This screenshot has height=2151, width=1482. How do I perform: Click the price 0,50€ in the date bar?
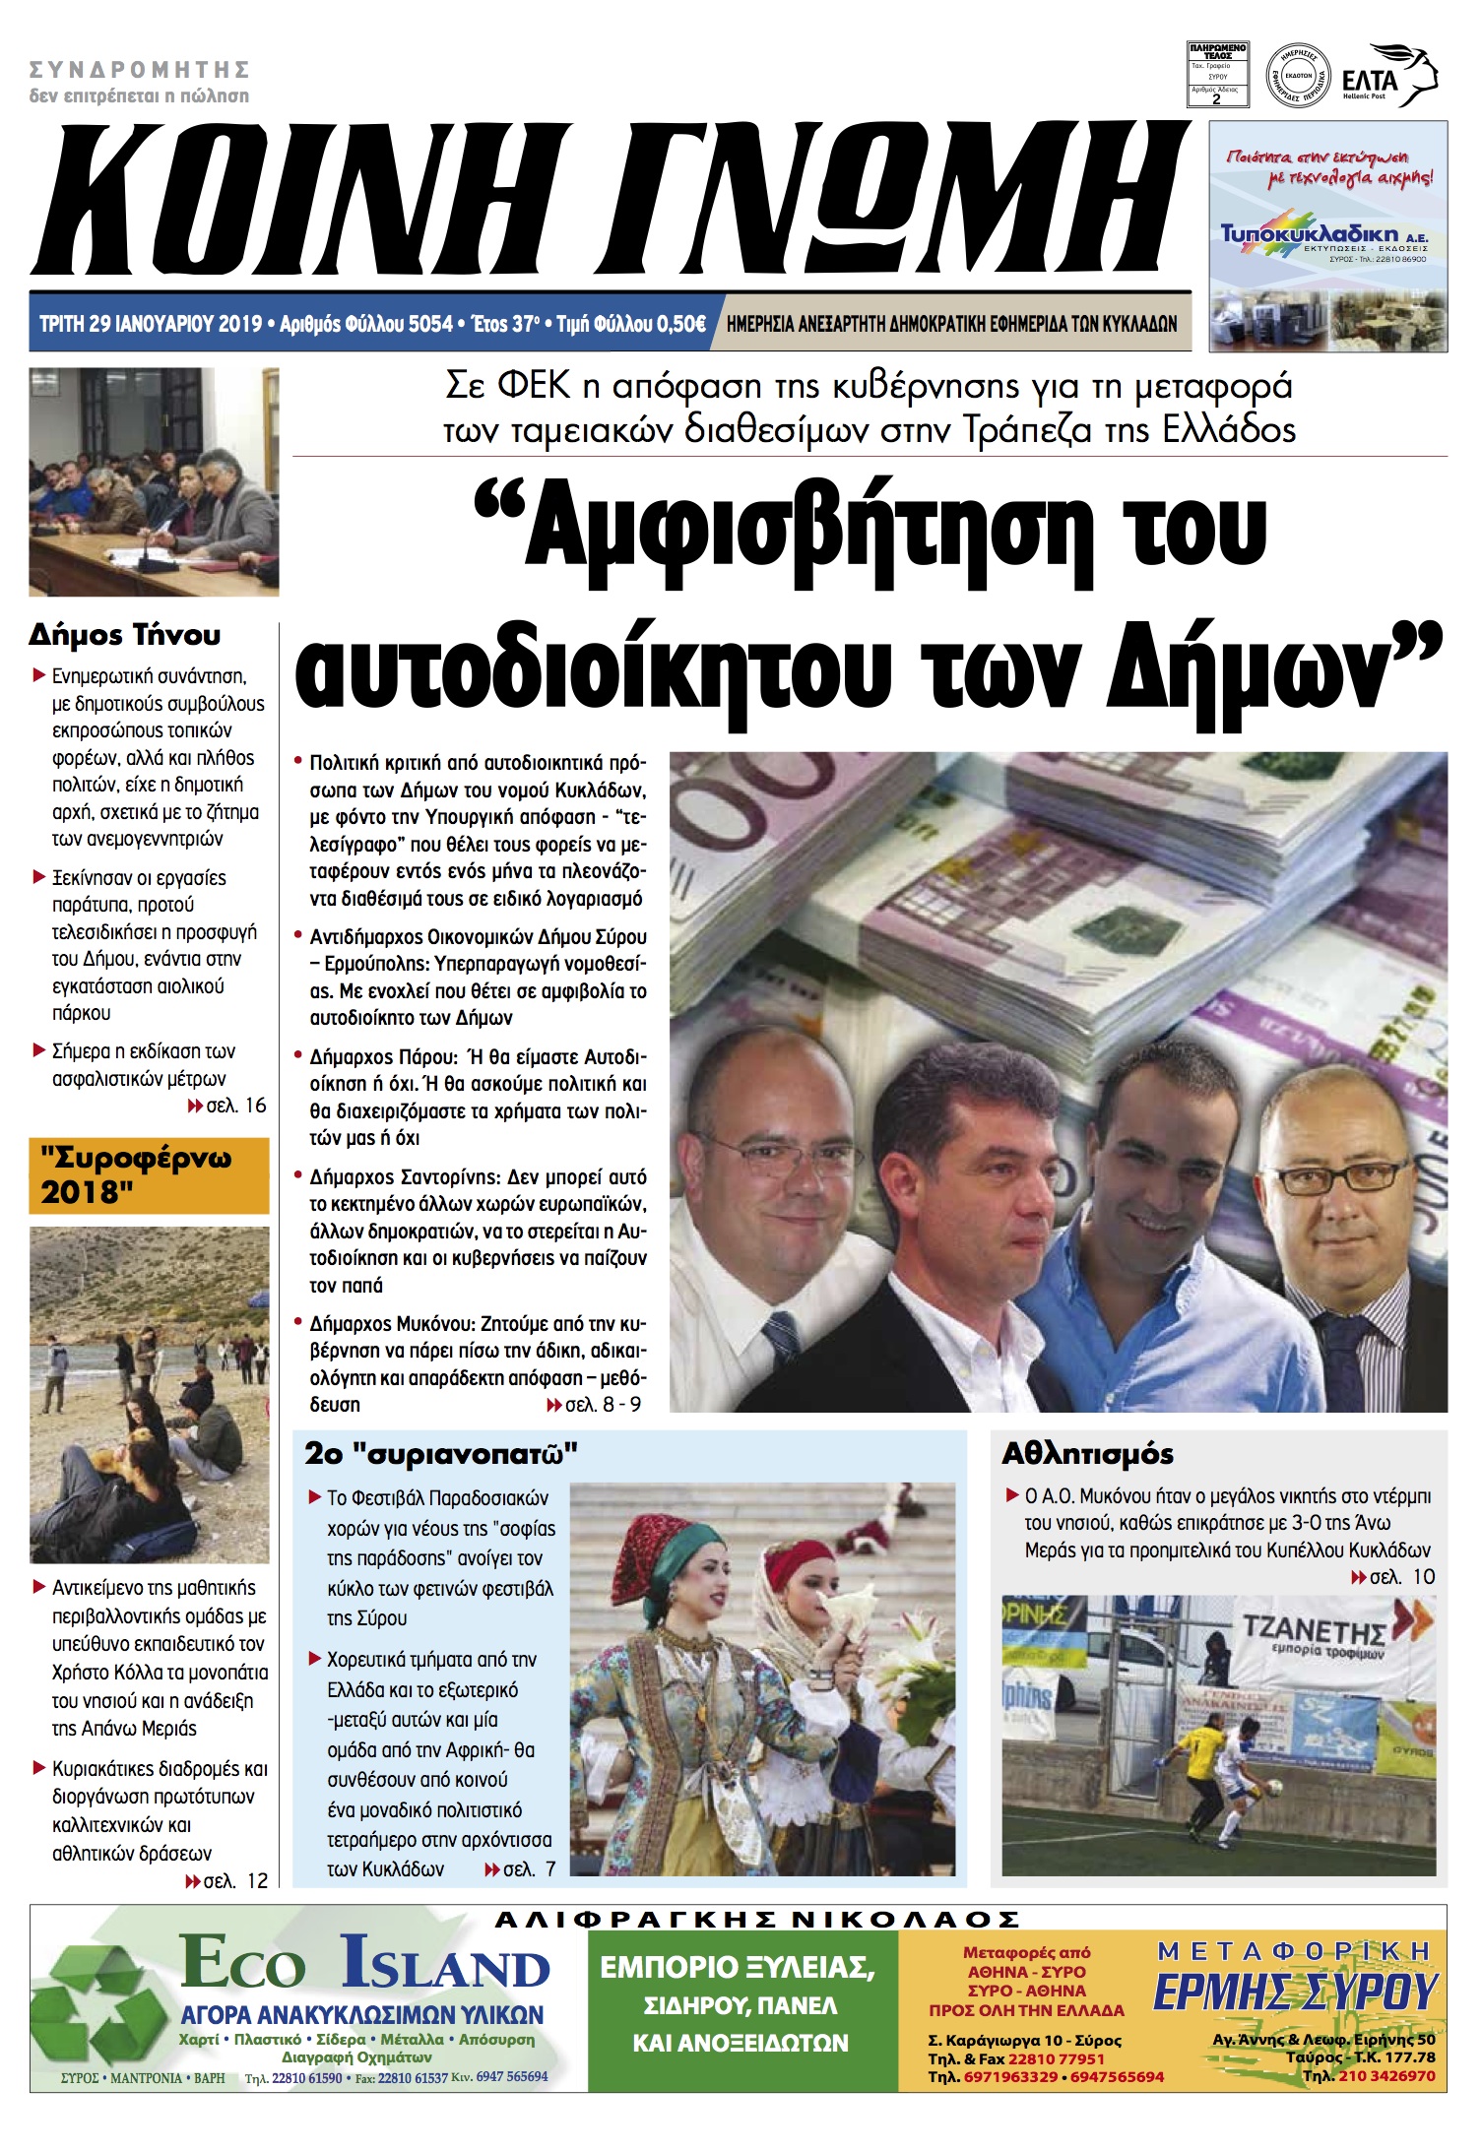[680, 324]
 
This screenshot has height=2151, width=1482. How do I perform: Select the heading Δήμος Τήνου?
[124, 635]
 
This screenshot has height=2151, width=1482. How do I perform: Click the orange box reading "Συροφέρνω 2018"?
[149, 1175]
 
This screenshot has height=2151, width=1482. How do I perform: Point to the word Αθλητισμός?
[1087, 1453]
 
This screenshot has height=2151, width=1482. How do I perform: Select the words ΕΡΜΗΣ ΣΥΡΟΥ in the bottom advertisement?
[1295, 1992]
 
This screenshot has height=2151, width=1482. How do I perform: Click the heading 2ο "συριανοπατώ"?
[440, 1453]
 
